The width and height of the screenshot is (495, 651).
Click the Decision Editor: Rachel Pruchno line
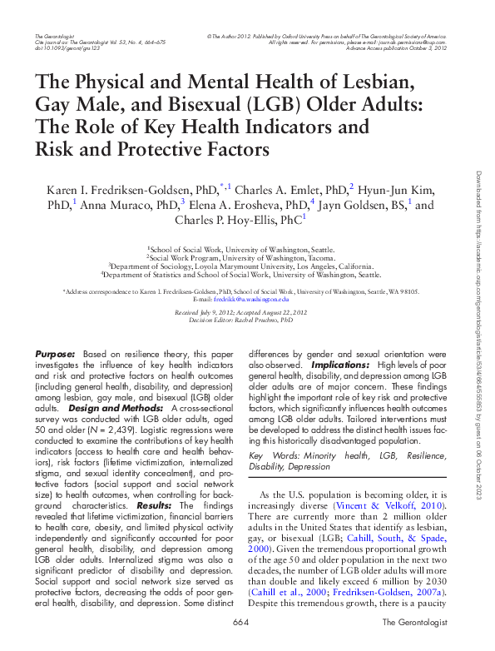[240, 319]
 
